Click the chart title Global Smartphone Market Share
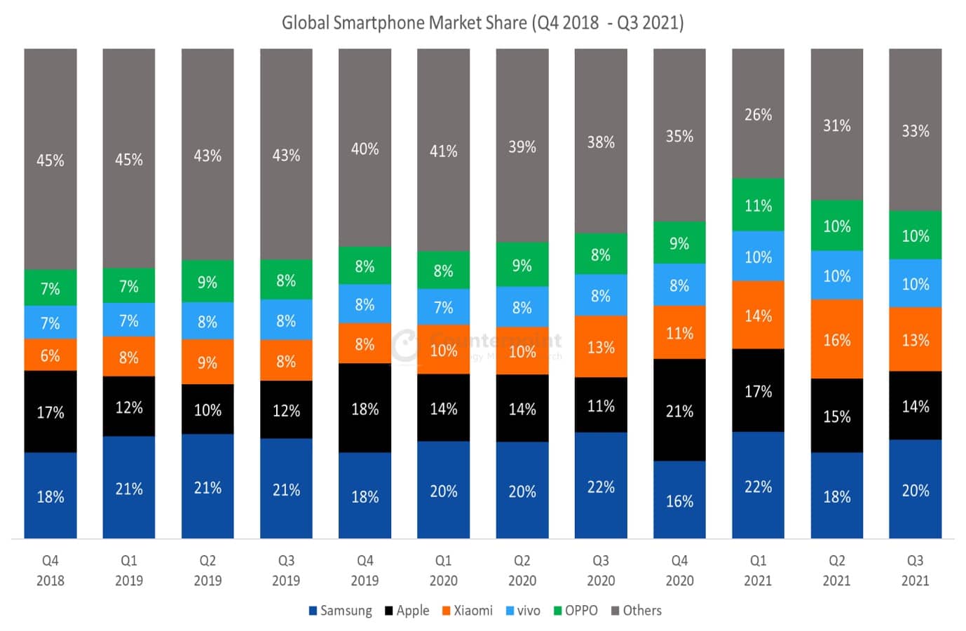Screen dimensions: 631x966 tap(482, 23)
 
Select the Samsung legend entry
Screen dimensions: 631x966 tap(341, 611)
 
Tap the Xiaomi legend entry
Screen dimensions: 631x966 tap(468, 611)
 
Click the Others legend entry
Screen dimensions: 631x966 tap(637, 611)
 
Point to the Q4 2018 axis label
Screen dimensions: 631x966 tap(50, 570)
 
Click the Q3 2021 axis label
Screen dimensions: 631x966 tap(915, 570)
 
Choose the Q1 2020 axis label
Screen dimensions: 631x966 tap(443, 570)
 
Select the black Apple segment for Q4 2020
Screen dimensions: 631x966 tap(679, 410)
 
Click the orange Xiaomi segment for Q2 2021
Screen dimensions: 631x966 tap(836, 339)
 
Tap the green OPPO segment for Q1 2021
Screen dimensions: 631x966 tap(758, 205)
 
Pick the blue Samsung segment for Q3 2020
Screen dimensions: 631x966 tap(601, 486)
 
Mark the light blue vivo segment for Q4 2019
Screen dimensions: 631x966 tap(365, 304)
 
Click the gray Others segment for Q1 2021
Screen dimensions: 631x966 tap(758, 114)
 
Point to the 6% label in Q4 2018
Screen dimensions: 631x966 tap(50, 355)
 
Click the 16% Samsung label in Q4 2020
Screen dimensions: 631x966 tap(679, 501)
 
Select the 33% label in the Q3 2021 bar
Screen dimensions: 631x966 tap(915, 130)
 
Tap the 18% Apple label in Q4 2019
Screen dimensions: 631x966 tap(365, 409)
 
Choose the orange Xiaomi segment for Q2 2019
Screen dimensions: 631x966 tap(208, 362)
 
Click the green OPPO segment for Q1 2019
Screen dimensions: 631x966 tap(129, 285)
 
